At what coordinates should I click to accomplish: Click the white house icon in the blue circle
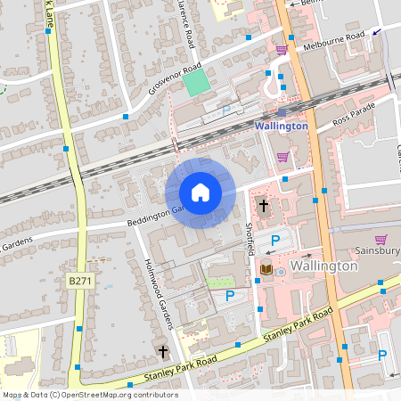(200, 192)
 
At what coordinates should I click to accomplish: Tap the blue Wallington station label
(282, 126)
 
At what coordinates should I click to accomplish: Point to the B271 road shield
(78, 281)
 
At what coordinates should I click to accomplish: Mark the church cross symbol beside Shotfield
(263, 207)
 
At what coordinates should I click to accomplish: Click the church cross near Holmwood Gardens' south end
(163, 352)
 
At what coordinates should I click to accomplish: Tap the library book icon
(266, 268)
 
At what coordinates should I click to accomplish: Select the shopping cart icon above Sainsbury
(381, 239)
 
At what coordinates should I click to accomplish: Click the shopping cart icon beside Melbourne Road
(282, 51)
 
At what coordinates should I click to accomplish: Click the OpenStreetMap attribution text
(89, 394)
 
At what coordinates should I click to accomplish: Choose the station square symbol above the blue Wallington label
(282, 112)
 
